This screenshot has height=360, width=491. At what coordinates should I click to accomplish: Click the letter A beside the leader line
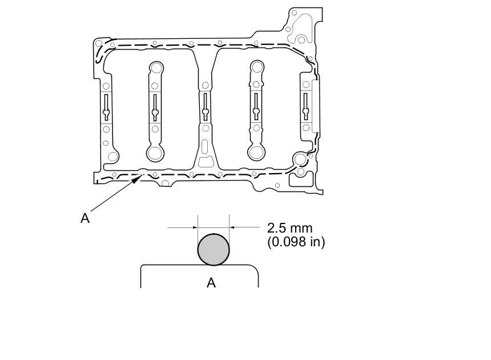pos(85,218)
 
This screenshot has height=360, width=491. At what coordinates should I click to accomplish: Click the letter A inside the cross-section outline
pos(211,283)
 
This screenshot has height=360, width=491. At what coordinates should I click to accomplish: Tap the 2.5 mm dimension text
pos(289,228)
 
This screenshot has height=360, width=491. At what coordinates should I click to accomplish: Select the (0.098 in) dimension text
pos(296,242)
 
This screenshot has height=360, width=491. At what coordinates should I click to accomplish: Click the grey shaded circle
pos(214,250)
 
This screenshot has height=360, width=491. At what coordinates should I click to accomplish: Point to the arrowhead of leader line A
pos(138,179)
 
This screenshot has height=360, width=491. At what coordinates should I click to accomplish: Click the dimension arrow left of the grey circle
pos(183,227)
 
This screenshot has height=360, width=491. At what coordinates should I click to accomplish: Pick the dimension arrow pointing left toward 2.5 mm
pos(244,227)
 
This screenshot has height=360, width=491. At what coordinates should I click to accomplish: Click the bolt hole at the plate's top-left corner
pos(99,43)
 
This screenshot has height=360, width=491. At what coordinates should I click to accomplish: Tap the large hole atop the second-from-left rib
pos(156,67)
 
